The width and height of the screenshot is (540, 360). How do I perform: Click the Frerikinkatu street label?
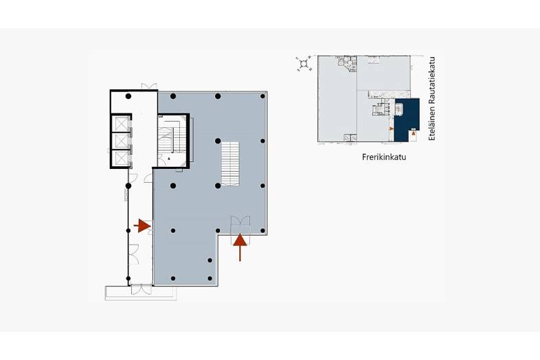tap(384, 157)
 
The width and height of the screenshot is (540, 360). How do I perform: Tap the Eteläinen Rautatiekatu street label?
tap(432, 98)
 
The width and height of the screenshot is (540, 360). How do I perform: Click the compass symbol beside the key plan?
tap(304, 63)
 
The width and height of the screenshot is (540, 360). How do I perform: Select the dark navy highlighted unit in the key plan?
tap(407, 119)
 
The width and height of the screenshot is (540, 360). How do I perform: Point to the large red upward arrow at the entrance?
tap(240, 247)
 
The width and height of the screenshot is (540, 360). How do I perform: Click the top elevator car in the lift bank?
tap(122, 124)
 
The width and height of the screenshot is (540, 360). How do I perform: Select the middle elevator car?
tap(122, 141)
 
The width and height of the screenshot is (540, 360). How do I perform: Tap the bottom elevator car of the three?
tap(122, 158)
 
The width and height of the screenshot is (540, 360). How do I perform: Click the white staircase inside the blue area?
tap(230, 164)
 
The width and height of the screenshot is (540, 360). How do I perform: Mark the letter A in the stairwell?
tap(169, 159)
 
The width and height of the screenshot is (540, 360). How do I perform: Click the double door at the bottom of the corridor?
tap(141, 289)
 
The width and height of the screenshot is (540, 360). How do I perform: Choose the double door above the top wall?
tap(149, 86)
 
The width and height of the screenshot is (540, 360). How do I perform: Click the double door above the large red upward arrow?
tap(240, 221)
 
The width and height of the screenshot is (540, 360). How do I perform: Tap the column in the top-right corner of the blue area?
tap(262, 96)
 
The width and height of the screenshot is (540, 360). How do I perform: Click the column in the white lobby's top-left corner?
tap(128, 96)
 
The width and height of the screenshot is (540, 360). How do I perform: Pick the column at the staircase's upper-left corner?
tap(218, 141)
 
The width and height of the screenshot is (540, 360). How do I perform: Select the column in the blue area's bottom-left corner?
tap(173, 278)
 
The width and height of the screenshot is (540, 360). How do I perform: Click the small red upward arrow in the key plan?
tap(414, 133)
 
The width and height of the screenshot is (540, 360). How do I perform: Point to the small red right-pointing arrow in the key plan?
tap(392, 128)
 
